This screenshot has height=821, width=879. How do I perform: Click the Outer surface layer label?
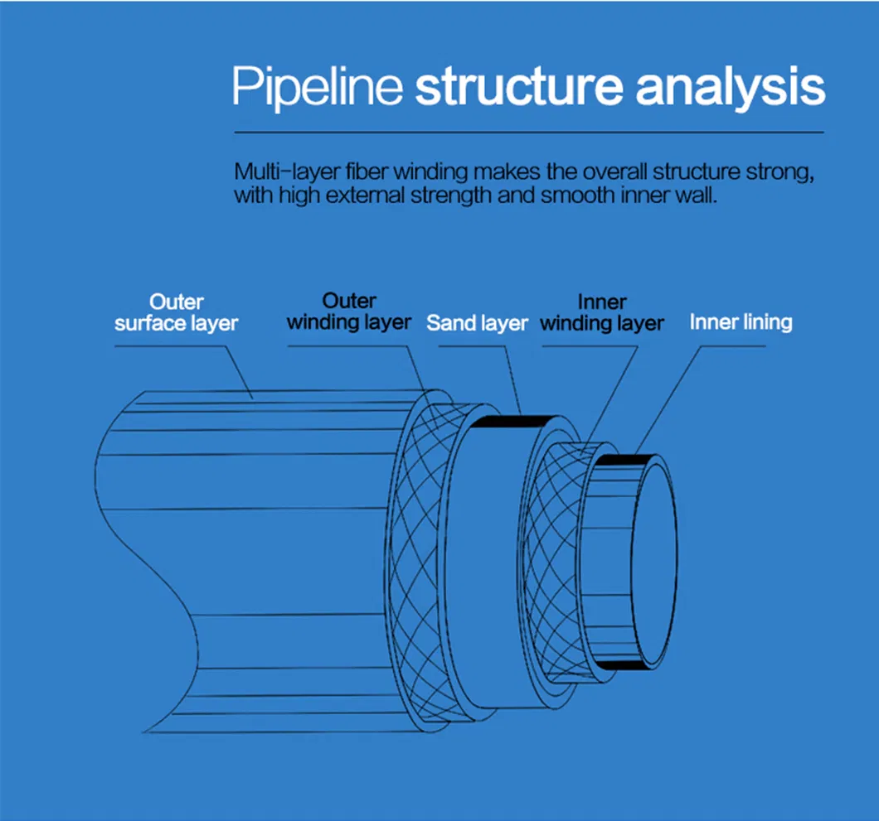(176, 312)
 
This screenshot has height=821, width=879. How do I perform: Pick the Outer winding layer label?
(349, 311)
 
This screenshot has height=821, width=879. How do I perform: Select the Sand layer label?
(477, 323)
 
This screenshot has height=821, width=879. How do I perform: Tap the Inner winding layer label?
(602, 312)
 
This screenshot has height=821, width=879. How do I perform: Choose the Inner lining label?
(741, 321)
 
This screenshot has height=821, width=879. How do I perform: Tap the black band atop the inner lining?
(618, 461)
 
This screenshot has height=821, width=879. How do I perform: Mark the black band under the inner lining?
(618, 665)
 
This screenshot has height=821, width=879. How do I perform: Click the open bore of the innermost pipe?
(655, 563)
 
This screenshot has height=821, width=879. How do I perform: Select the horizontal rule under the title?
(529, 133)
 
